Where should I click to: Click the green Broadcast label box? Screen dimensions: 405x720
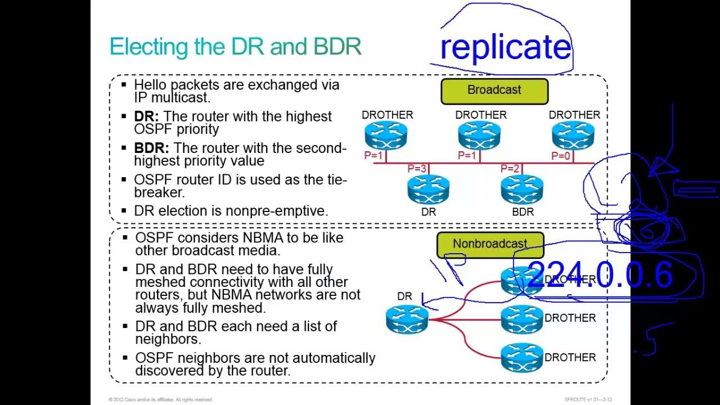494,91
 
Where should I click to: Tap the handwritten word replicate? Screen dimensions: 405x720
505,47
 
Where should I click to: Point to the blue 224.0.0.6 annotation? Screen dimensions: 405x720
600,275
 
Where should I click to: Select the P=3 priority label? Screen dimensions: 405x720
417,169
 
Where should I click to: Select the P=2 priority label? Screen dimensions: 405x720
510,169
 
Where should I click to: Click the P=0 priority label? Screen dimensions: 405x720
561,156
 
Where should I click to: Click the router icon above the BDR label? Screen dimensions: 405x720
522,189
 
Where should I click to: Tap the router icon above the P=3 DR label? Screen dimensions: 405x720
429,189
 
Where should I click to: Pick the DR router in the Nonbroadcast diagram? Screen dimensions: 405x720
407,318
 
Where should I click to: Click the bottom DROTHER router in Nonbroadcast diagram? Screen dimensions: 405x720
521,357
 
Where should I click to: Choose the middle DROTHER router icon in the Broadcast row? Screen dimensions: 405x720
479,136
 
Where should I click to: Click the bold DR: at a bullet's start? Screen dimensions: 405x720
146,116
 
